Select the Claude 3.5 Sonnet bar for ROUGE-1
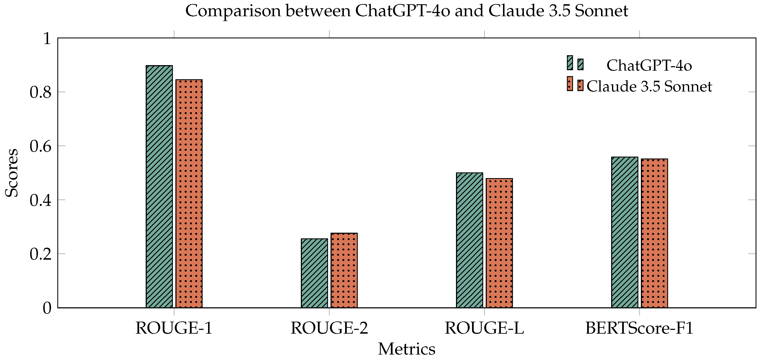tap(189, 193)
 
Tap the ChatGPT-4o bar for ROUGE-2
tap(314, 273)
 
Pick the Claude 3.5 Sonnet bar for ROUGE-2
tap(344, 270)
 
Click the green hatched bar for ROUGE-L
tap(469, 240)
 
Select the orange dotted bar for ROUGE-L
tap(499, 243)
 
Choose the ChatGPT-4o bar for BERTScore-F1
tap(625, 232)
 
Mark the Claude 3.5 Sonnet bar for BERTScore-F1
tap(654, 233)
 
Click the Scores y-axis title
tap(12, 173)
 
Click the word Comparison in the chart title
tap(233, 11)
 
